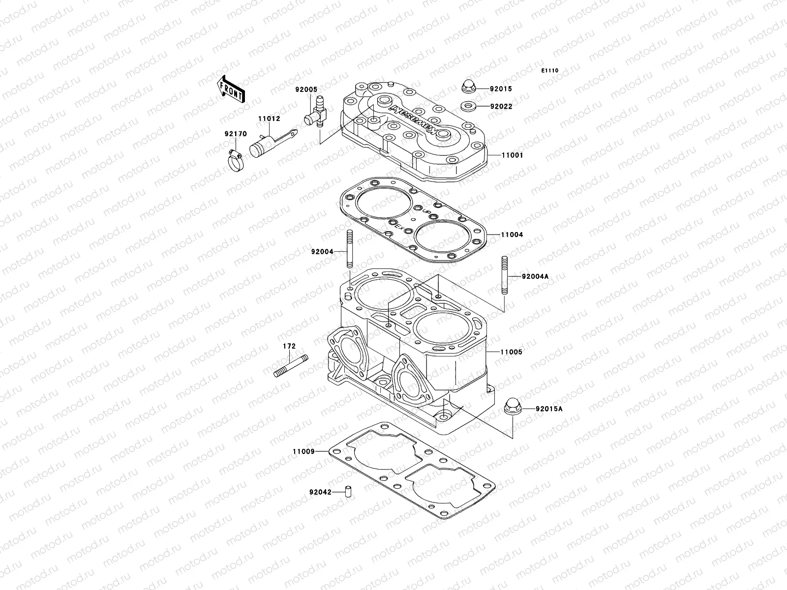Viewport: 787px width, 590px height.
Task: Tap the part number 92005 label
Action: tap(320, 90)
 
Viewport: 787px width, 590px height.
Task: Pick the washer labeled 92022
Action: tap(468, 106)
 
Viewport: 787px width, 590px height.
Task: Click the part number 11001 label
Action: tap(512, 155)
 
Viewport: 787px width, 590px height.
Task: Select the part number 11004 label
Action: tap(512, 235)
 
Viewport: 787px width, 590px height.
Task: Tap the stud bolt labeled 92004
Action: tap(350, 249)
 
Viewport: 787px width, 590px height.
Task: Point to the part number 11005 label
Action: tap(512, 353)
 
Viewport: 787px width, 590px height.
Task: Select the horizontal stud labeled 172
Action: tap(290, 366)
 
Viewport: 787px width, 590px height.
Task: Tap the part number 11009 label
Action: tap(303, 451)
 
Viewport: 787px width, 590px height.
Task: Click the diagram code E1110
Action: tap(550, 71)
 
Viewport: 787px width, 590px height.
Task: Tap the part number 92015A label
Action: tap(549, 409)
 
